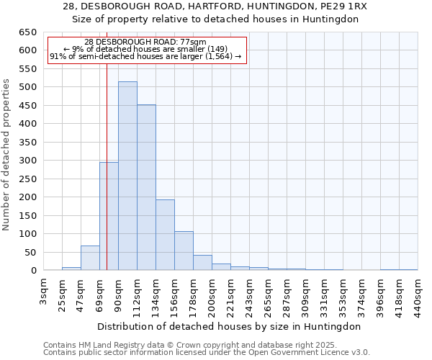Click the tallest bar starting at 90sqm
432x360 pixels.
pyautogui.click(x=127, y=176)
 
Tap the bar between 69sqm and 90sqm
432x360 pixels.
pyautogui.click(x=109, y=216)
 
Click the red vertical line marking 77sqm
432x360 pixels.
pyautogui.click(x=107, y=144)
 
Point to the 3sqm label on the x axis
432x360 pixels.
pyautogui.click(x=44, y=294)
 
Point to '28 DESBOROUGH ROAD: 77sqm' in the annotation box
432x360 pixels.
pyautogui.click(x=145, y=42)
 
